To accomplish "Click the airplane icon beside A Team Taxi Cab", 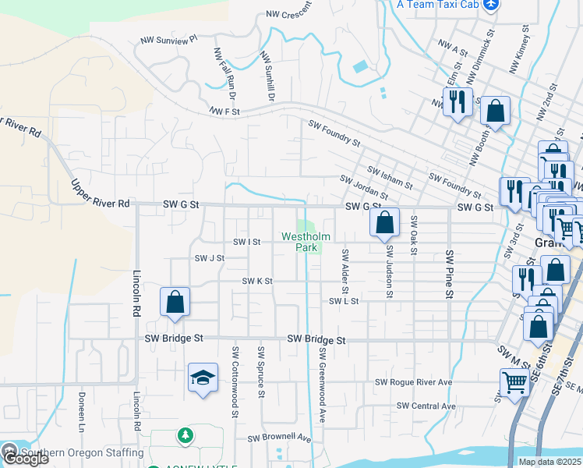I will [x=490, y=5].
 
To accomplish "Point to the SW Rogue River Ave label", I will [x=413, y=383].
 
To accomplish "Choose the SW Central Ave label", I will [x=426, y=406].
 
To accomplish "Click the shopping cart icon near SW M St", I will [x=514, y=383].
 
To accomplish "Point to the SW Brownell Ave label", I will [x=279, y=439].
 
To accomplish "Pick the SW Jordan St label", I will [x=364, y=187].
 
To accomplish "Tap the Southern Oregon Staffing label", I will [x=83, y=452].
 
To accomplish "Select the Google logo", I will [x=25, y=459].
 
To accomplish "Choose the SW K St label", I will [x=257, y=281].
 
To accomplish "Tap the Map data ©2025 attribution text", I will [x=550, y=462].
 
